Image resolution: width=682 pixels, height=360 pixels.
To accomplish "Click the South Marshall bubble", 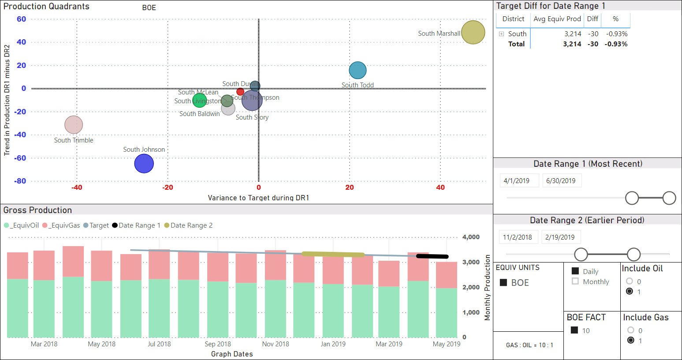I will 473,32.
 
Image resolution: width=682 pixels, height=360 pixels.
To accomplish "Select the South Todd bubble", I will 358,70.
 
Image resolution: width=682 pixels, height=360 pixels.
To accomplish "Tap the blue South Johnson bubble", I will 144,164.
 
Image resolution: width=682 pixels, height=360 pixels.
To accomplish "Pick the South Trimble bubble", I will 74,125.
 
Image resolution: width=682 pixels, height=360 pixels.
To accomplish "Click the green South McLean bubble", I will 199,100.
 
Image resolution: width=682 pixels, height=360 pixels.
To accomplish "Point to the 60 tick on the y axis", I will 21,19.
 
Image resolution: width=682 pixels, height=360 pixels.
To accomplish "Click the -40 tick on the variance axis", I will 77,187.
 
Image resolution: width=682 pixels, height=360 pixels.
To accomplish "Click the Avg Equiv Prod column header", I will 557,19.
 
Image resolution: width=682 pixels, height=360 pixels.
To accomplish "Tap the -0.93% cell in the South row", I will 616,34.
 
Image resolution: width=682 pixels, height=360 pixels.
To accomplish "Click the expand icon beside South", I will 501,34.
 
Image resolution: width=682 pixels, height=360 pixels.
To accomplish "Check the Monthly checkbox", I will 575,281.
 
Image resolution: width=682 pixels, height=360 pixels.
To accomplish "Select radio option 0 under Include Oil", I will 630,281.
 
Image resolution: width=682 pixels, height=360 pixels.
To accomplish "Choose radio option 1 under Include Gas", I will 631,341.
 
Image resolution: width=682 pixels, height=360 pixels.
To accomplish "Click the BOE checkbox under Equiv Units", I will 503,283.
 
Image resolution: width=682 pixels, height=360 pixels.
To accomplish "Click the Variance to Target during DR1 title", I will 258,198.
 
